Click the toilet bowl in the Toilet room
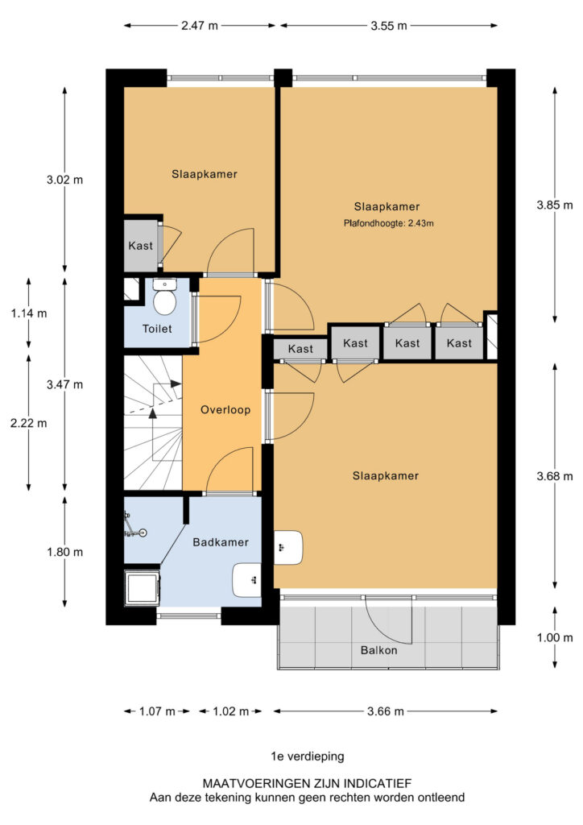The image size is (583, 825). pos(165,301)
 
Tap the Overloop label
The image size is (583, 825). pos(225,409)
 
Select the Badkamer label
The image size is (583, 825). pos(221,542)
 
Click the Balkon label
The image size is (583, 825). pos(378,650)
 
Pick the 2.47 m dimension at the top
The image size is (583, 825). pos(199,25)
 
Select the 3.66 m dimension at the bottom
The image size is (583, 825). pos(386,711)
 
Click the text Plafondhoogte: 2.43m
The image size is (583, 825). pos(387,223)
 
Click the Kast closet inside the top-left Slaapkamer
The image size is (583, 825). pos(140,245)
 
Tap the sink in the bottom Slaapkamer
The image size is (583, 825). pos(288,548)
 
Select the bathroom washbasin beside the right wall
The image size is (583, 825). pos(246,578)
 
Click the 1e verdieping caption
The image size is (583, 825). pos(308,756)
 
